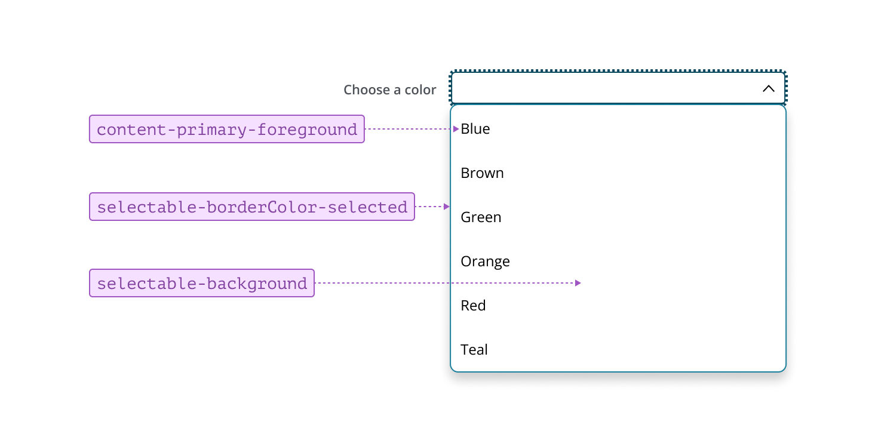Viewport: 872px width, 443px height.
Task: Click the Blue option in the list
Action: pyautogui.click(x=475, y=129)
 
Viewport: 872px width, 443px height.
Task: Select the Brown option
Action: pyautogui.click(x=482, y=173)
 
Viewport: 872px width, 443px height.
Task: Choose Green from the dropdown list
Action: pyautogui.click(x=481, y=217)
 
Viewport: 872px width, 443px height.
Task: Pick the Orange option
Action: pyautogui.click(x=485, y=262)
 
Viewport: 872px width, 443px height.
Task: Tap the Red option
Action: pyautogui.click(x=473, y=306)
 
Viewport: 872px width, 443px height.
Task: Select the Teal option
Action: pyautogui.click(x=474, y=350)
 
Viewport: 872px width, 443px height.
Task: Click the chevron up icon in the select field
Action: pyautogui.click(x=769, y=88)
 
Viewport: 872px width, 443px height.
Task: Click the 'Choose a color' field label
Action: pyautogui.click(x=389, y=90)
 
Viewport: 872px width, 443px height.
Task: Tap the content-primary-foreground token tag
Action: pyautogui.click(x=227, y=129)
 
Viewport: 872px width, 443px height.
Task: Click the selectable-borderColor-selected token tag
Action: pyautogui.click(x=252, y=207)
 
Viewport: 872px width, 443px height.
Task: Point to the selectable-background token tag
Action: pyautogui.click(x=202, y=283)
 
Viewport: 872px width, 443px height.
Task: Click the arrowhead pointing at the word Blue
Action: pyautogui.click(x=456, y=129)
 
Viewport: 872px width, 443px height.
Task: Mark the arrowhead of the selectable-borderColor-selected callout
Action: pyautogui.click(x=447, y=207)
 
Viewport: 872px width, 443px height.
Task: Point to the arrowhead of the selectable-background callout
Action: pyautogui.click(x=578, y=283)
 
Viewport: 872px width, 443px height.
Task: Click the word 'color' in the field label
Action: pyautogui.click(x=420, y=90)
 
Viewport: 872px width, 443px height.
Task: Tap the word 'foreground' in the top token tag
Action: pyautogui.click(x=307, y=130)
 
